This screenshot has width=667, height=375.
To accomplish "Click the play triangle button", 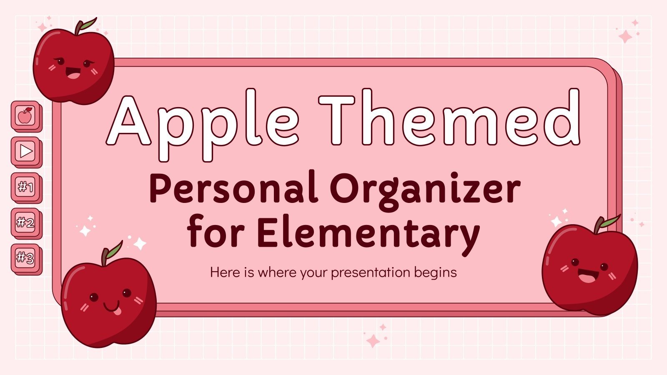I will [x=26, y=151].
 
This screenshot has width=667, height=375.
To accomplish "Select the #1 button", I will [x=26, y=187].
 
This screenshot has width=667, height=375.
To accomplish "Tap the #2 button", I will [x=26, y=222].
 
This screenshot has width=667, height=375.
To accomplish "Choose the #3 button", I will [x=26, y=258].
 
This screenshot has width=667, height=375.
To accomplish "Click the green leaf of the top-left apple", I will [x=88, y=24].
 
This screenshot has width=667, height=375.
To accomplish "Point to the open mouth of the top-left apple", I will [x=73, y=75].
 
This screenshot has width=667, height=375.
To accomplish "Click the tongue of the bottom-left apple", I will [x=117, y=311].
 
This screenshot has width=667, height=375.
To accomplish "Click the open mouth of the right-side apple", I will [x=587, y=276].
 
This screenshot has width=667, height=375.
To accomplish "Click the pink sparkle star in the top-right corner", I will [x=625, y=37].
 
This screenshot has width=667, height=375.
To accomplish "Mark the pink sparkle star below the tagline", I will [x=373, y=341].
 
